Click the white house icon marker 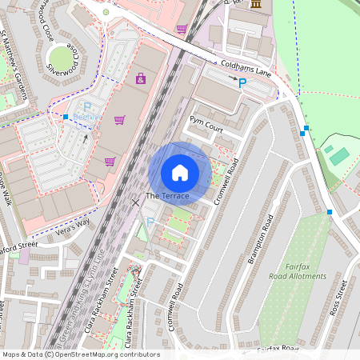180,172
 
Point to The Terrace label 167,196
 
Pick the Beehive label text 88,117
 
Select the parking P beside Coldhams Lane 242,82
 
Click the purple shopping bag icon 141,78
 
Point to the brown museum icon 255,5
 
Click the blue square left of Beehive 66,117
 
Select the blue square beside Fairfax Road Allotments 329,212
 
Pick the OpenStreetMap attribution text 81,354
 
